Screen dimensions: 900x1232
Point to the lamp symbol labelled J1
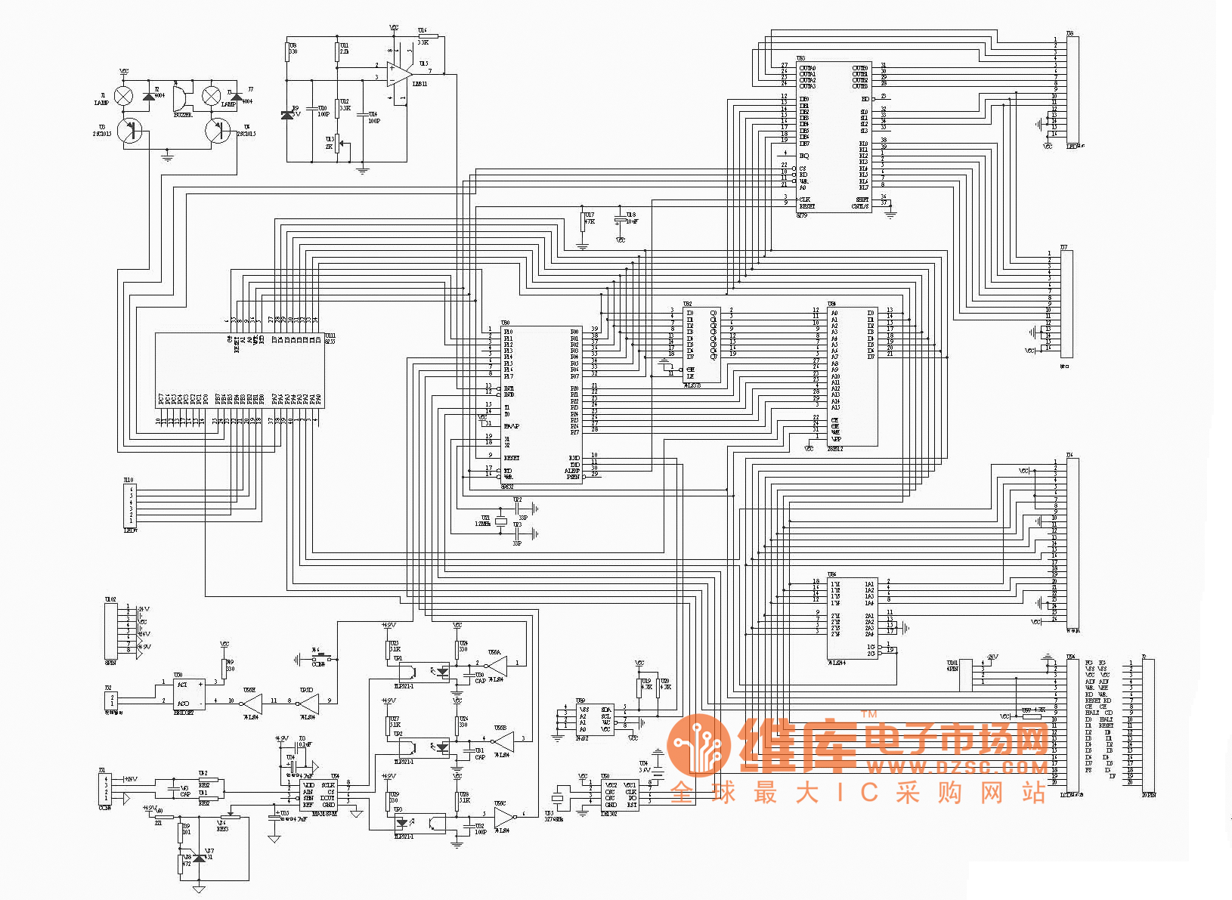coord(124,95)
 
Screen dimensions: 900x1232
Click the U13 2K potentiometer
coord(338,142)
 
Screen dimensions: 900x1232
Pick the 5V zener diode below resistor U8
coord(286,115)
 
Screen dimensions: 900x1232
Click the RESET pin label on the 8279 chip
coord(807,206)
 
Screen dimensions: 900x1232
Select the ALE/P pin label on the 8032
coord(572,471)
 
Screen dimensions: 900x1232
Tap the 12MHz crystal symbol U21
coord(500,521)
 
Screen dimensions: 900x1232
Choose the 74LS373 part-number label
coord(692,385)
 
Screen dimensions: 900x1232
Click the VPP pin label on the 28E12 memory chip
coord(836,439)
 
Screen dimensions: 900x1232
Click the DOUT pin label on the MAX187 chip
coord(327,798)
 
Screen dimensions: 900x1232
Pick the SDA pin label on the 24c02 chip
coord(605,710)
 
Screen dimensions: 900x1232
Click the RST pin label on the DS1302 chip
coord(632,805)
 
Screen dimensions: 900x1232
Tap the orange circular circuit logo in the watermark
coord(698,745)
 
